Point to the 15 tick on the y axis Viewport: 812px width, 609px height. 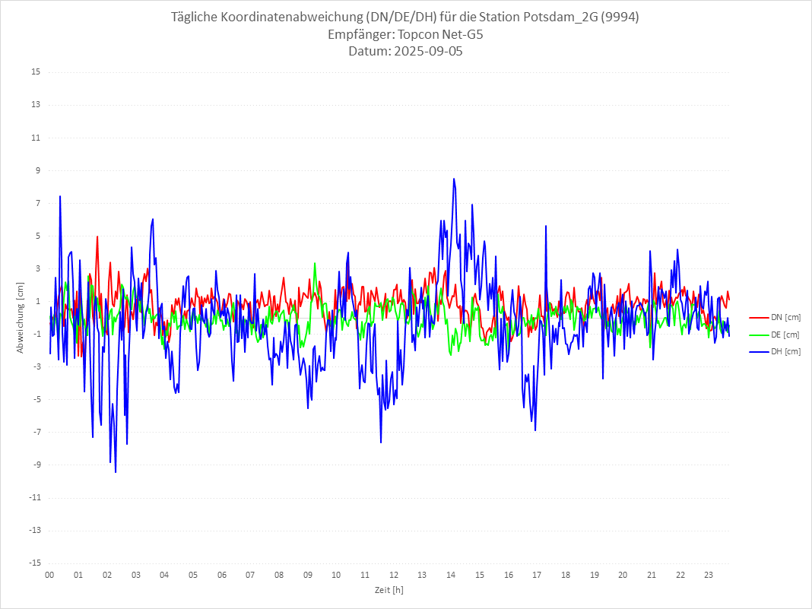coord(36,72)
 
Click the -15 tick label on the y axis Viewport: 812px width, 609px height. coord(34,563)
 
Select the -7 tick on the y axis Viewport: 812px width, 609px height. coord(36,432)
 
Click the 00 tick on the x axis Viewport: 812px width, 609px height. coord(49,575)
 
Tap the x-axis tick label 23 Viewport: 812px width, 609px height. coord(709,575)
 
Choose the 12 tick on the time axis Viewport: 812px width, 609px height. coord(394,575)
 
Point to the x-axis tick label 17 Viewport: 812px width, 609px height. coord(537,575)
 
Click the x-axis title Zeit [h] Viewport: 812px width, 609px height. coord(389,589)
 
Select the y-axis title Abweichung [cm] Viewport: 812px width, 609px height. coord(21,317)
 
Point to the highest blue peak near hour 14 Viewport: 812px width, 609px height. coord(454,179)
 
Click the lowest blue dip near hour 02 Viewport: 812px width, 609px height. coord(116,472)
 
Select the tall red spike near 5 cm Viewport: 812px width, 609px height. coord(97,236)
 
